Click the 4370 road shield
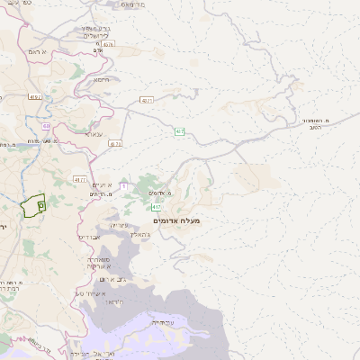tap(147, 101)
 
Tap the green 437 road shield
tap(180, 132)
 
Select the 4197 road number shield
tap(35, 96)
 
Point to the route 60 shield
tap(46, 127)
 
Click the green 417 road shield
tap(157, 207)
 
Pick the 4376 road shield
tap(109, 43)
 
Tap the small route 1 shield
tap(122, 185)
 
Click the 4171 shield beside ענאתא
tap(114, 143)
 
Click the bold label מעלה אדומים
tap(176, 220)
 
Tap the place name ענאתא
tap(94, 133)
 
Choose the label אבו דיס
tap(91, 237)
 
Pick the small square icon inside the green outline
tap(40, 205)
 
